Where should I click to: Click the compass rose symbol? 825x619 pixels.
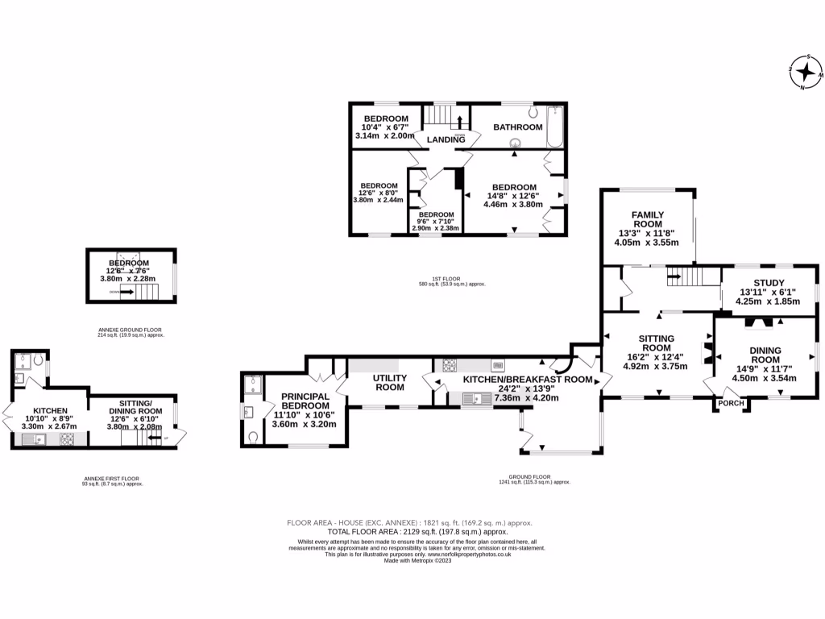pos(806,73)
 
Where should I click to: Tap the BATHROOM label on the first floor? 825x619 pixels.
pos(518,127)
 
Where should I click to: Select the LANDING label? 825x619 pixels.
pos(446,139)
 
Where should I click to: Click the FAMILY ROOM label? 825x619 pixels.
pos(647,219)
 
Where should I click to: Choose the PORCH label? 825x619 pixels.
pos(731,403)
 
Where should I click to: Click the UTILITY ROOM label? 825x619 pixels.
pos(388,382)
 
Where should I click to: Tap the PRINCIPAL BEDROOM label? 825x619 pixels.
pos(304,401)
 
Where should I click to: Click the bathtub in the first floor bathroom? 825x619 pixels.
pos(554,127)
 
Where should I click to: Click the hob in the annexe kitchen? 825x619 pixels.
pos(67,439)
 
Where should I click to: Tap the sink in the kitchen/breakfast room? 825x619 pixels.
pos(475,397)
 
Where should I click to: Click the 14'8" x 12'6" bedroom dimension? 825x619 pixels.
pos(514,194)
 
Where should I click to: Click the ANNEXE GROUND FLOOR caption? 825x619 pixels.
pos(131,329)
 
